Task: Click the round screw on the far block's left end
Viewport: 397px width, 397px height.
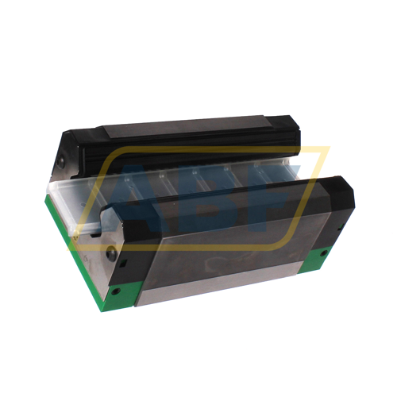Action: [61, 165]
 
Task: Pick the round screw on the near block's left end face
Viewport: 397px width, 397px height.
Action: [111, 253]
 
